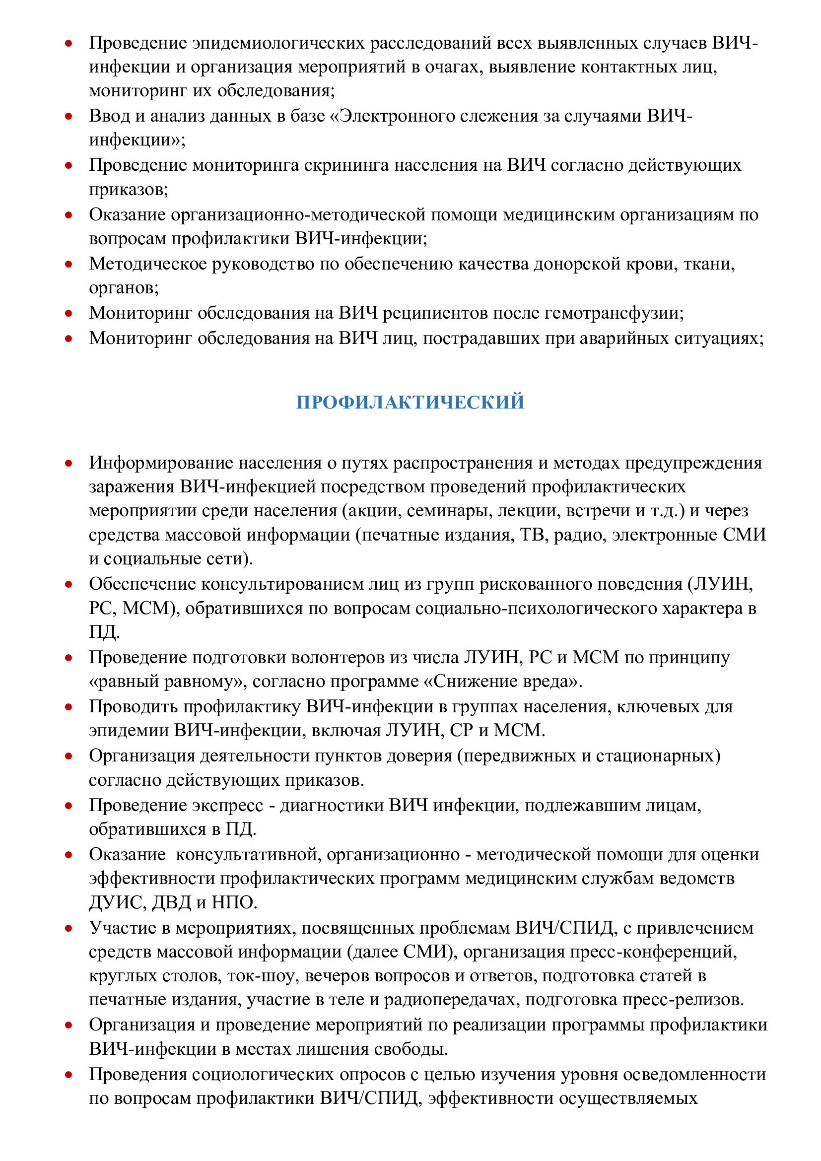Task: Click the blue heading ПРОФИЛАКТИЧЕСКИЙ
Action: [410, 402]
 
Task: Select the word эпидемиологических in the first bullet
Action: [278, 43]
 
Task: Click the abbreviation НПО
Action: [235, 902]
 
